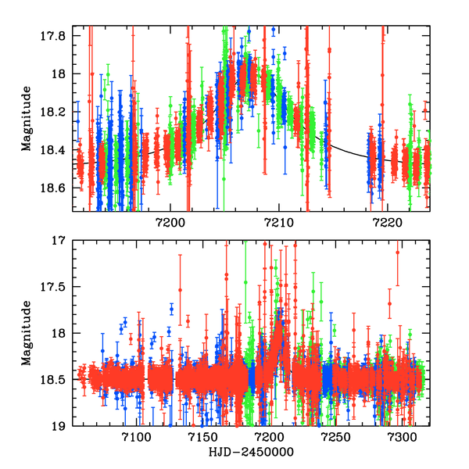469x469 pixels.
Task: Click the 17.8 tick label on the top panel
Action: [x=57, y=36]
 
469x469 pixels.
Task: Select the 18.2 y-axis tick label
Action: [x=57, y=113]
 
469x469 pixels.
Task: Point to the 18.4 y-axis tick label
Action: [x=57, y=150]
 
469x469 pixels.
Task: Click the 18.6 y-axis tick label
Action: [x=57, y=188]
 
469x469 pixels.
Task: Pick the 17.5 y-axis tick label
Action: [x=57, y=287]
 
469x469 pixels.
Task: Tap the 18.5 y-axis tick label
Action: [x=57, y=380]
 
